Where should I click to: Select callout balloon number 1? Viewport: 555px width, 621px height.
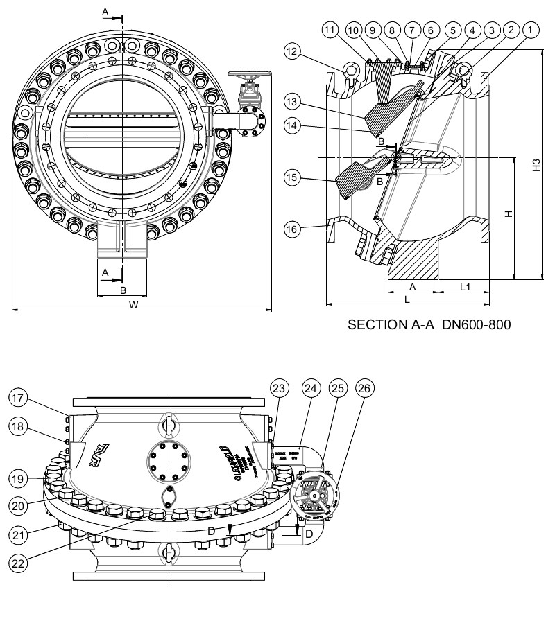pyautogui.click(x=531, y=30)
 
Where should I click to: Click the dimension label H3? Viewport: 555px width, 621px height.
pyautogui.click(x=536, y=166)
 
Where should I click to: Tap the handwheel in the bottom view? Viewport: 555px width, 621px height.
pyautogui.click(x=316, y=496)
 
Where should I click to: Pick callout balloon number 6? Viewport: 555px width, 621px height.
pyautogui.click(x=430, y=30)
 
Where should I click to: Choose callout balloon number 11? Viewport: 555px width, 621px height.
pyautogui.click(x=330, y=30)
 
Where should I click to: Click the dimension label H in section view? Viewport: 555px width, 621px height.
pyautogui.click(x=508, y=215)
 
